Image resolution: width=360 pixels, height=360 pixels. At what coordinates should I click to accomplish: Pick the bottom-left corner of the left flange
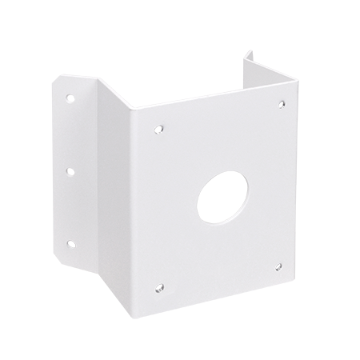[62, 264]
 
